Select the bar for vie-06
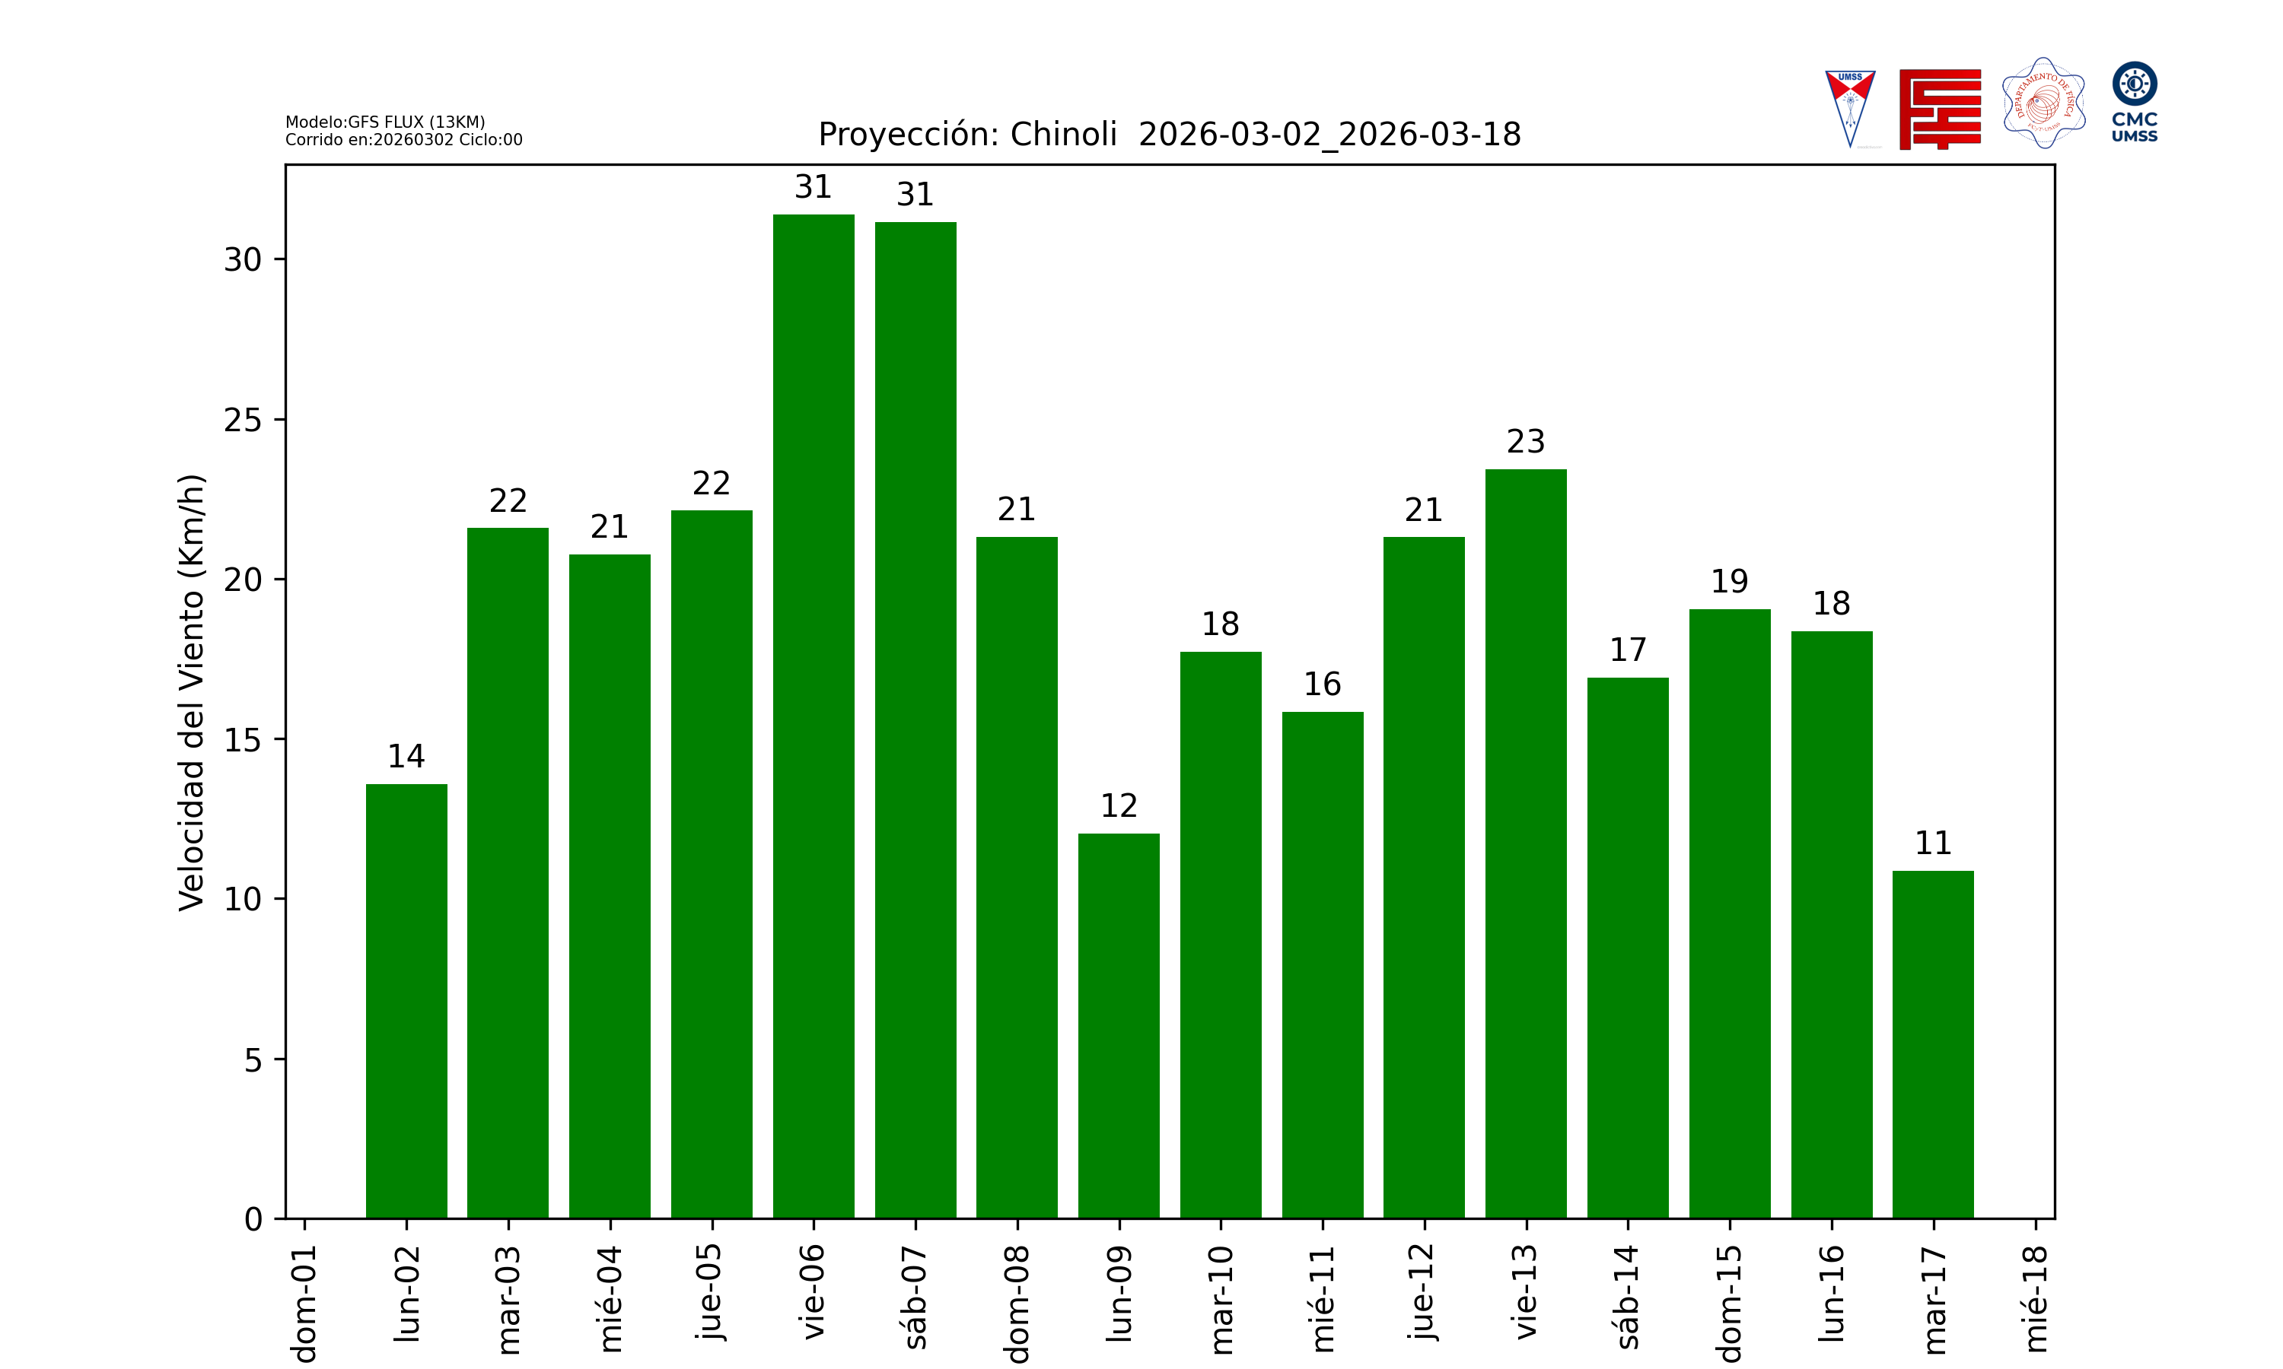[813, 716]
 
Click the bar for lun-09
[1119, 1026]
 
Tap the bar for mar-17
[1932, 1044]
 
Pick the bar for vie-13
[1525, 843]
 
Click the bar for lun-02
[406, 1001]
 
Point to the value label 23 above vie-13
[1525, 442]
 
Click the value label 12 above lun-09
[1119, 806]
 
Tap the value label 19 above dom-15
[1729, 581]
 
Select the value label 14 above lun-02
[406, 757]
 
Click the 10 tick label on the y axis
[243, 900]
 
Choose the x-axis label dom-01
[304, 1303]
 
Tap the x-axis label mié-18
[2035, 1299]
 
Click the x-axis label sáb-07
[915, 1296]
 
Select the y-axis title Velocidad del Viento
[191, 692]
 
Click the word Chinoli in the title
[1063, 135]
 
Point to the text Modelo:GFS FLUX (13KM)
[385, 122]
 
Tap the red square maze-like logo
[1940, 109]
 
